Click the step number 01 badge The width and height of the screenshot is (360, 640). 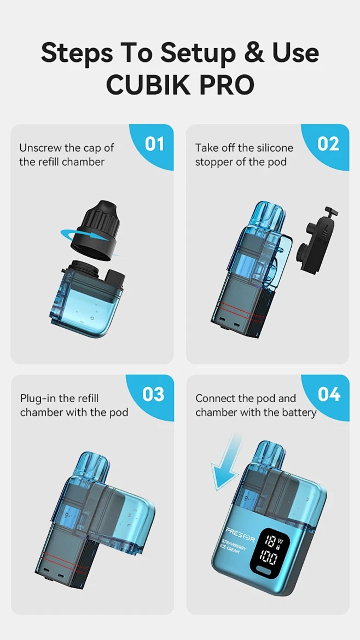(154, 144)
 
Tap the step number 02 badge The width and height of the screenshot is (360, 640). (329, 144)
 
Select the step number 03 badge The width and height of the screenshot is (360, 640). (153, 394)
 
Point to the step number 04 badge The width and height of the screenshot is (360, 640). (329, 394)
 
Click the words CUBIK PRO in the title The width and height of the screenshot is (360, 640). (180, 85)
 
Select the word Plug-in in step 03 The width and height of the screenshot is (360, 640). (39, 399)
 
